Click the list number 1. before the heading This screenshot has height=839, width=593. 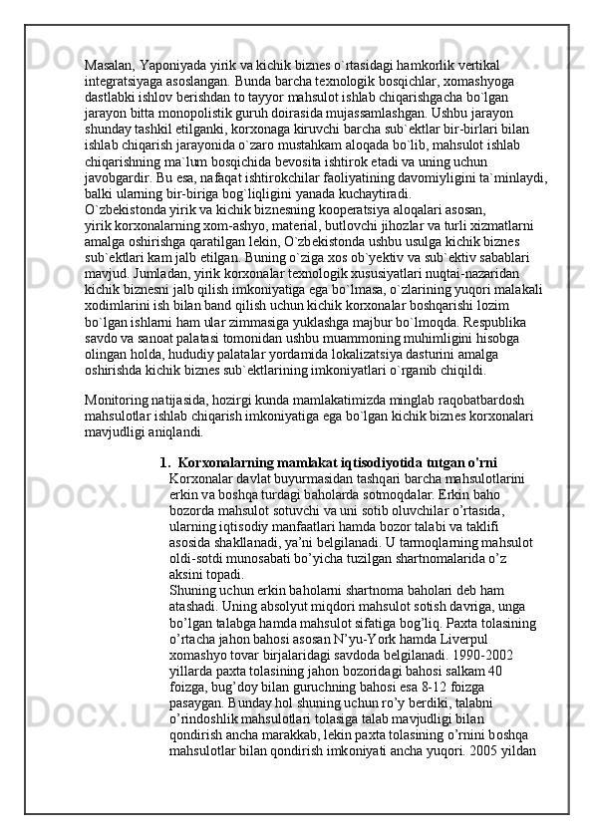tap(164, 462)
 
